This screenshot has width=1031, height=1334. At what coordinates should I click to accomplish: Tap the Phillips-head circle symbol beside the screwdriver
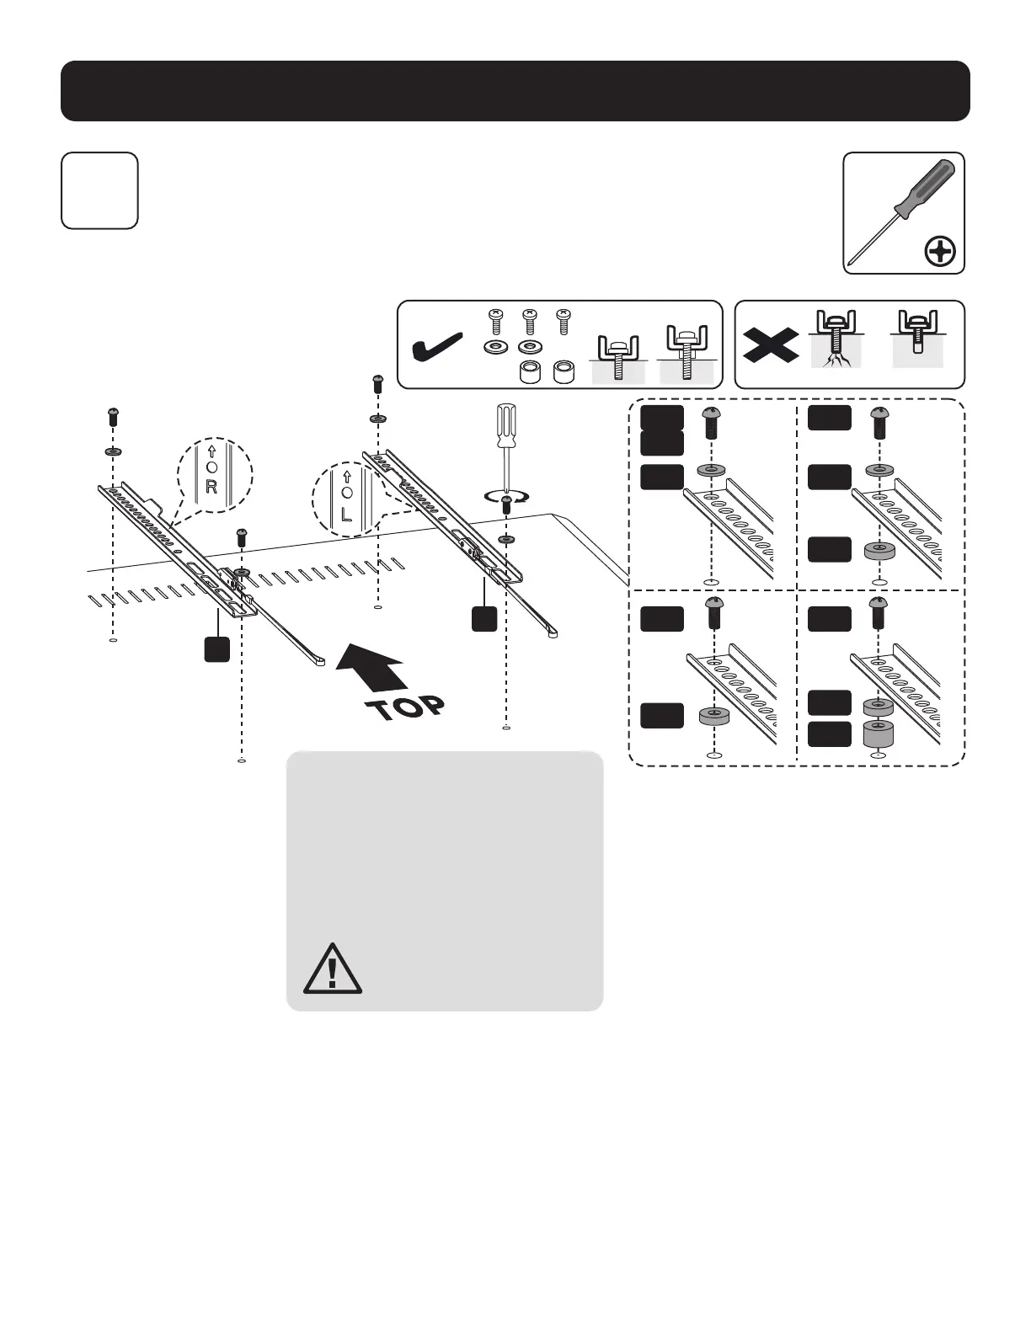point(940,251)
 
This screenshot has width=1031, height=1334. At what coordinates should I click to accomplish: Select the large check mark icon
point(435,346)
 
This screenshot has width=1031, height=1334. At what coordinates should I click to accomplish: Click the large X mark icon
point(770,344)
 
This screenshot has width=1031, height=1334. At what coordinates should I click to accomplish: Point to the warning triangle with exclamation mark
point(333,968)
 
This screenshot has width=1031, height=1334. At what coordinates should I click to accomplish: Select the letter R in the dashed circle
point(211,487)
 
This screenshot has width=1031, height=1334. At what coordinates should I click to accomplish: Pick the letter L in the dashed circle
point(347,514)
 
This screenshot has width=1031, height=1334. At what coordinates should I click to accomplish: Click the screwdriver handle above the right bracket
point(505,426)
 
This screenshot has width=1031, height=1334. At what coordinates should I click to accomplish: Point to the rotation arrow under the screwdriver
point(505,498)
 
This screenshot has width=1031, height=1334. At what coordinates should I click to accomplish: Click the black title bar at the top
point(515,91)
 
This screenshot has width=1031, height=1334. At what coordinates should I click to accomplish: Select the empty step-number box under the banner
point(99,190)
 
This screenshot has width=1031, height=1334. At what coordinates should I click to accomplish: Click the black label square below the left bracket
point(217,649)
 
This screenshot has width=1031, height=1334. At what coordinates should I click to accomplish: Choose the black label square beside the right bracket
point(483,618)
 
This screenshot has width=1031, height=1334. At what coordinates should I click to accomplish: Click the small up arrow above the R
point(211,451)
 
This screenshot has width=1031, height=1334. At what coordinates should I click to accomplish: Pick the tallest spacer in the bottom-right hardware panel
point(879,734)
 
